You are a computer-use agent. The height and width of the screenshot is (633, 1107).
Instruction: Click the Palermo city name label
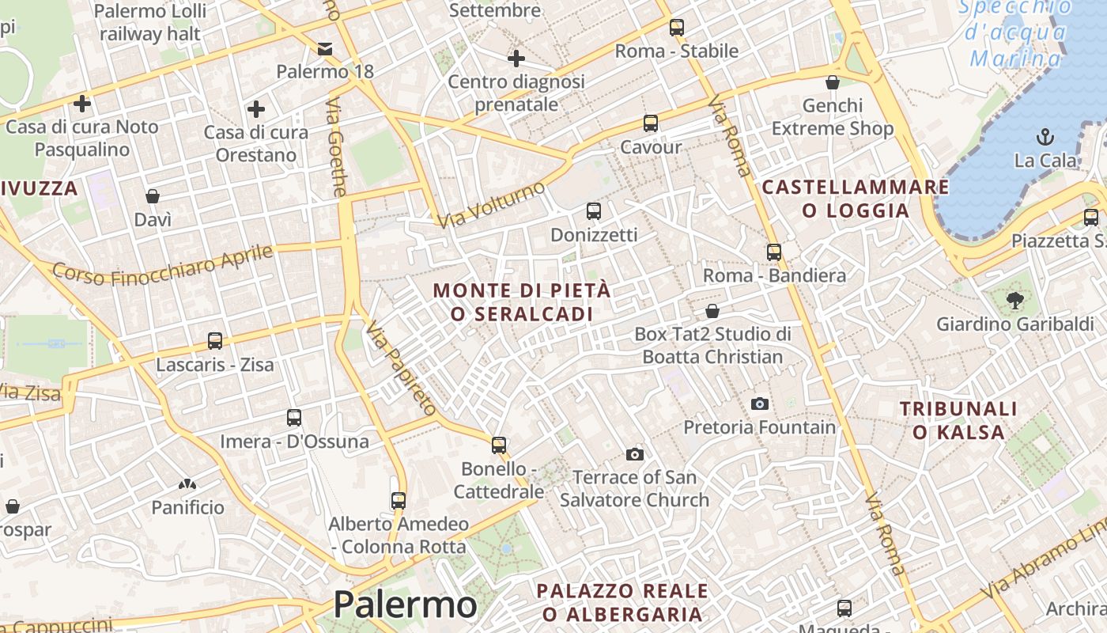405,605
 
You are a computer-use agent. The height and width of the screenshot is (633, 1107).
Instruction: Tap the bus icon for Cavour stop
651,123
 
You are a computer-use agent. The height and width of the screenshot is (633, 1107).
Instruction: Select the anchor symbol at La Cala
1045,136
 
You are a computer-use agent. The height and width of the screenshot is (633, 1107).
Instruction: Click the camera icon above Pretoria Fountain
759,404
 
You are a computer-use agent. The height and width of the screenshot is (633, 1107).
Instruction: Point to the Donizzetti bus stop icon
594,211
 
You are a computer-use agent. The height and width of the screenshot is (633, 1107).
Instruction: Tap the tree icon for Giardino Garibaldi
1015,301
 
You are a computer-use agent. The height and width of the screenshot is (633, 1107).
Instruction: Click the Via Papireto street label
401,368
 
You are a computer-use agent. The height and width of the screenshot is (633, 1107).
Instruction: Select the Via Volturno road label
491,204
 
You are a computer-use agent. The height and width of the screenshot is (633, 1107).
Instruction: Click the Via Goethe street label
337,147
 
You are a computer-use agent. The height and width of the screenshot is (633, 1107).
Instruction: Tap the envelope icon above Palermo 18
324,49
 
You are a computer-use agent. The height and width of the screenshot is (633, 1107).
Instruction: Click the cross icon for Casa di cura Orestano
255,109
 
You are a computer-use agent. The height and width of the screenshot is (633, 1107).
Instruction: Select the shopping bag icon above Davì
153,196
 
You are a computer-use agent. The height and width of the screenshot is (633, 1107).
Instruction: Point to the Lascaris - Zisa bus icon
215,341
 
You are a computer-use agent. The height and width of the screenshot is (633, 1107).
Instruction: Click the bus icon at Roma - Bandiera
774,252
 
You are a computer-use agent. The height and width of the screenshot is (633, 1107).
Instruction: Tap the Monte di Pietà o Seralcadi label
522,302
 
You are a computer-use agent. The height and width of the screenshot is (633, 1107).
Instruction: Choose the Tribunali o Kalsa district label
958,420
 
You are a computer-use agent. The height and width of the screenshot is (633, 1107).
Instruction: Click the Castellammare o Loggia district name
855,199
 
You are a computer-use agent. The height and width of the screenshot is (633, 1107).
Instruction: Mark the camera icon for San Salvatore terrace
634,454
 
